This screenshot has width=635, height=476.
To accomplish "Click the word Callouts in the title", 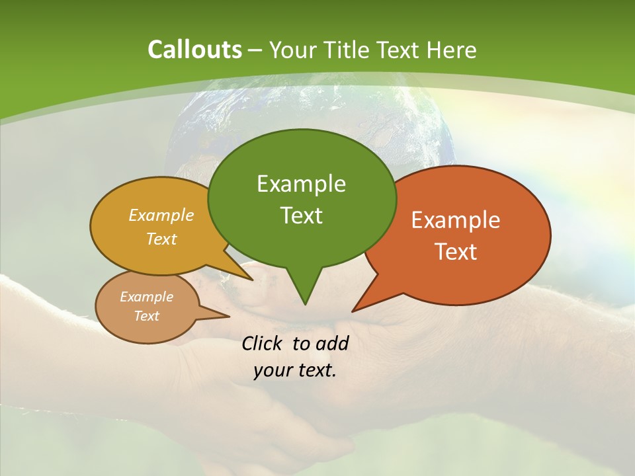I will pos(194,50).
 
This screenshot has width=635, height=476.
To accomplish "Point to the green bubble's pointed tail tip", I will pos(305,304).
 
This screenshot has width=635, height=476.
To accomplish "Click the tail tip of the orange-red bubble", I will pos(353,311).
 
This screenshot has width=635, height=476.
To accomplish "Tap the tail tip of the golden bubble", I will pos(253,280).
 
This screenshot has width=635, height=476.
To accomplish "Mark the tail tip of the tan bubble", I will pos(230,316).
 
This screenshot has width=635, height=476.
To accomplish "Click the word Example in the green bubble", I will pos(301,184).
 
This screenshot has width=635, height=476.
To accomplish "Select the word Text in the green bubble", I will pos(301,216).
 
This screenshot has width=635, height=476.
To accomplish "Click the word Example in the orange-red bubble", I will pos(456,220).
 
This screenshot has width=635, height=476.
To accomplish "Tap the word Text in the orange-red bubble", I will pos(456,252).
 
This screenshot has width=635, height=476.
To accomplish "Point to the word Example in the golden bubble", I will pos(161,216).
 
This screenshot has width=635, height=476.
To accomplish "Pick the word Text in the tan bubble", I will pos(147,316).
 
